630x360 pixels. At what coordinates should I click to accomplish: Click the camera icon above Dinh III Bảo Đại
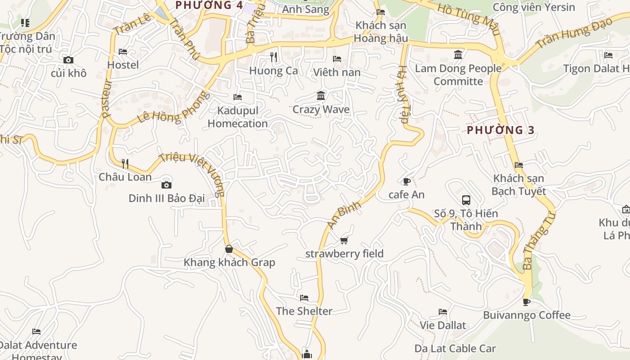click(x=166, y=185)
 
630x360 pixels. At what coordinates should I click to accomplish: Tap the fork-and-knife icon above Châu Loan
click(x=125, y=164)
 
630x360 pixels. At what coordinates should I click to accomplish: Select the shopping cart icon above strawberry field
click(x=344, y=241)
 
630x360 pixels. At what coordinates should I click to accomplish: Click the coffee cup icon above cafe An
click(x=406, y=181)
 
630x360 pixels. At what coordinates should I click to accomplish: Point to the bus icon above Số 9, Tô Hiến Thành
click(x=466, y=200)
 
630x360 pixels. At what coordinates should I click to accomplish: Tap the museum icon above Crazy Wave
click(x=321, y=96)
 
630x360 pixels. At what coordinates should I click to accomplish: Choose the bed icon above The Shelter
click(x=304, y=298)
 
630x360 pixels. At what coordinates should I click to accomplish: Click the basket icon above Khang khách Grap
click(x=229, y=249)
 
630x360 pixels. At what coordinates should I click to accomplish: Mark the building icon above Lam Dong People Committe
click(x=458, y=55)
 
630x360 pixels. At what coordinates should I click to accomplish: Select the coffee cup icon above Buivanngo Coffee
click(x=526, y=302)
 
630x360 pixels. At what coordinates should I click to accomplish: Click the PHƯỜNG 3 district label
click(x=500, y=130)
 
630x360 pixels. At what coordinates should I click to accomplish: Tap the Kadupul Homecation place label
click(x=238, y=117)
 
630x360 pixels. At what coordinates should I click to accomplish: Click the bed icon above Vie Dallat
click(x=443, y=312)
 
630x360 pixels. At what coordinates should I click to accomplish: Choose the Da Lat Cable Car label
click(x=455, y=348)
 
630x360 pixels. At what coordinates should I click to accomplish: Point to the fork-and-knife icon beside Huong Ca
click(x=273, y=57)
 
